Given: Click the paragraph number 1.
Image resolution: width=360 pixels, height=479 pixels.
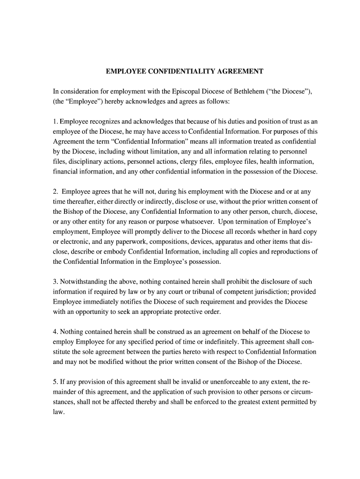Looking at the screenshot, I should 55,122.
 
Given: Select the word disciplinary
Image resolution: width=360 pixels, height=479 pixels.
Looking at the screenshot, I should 85,161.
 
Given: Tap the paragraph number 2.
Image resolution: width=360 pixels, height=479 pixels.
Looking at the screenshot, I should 55,191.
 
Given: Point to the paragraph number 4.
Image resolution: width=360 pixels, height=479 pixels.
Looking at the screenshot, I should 55,332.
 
